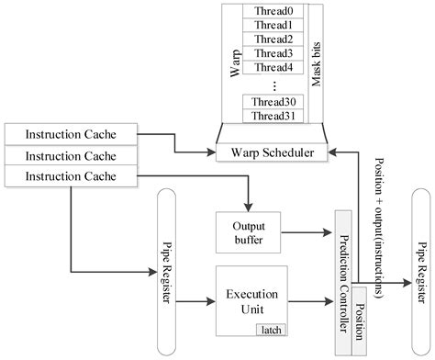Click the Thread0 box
pyautogui.click(x=274, y=10)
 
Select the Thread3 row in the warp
pyautogui.click(x=274, y=52)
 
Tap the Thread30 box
pyautogui.click(x=274, y=102)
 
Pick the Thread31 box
pyautogui.click(x=274, y=116)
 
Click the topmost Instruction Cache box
pyautogui.click(x=70, y=133)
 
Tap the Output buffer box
pyautogui.click(x=247, y=231)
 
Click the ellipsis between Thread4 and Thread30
pyautogui.click(x=274, y=84)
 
